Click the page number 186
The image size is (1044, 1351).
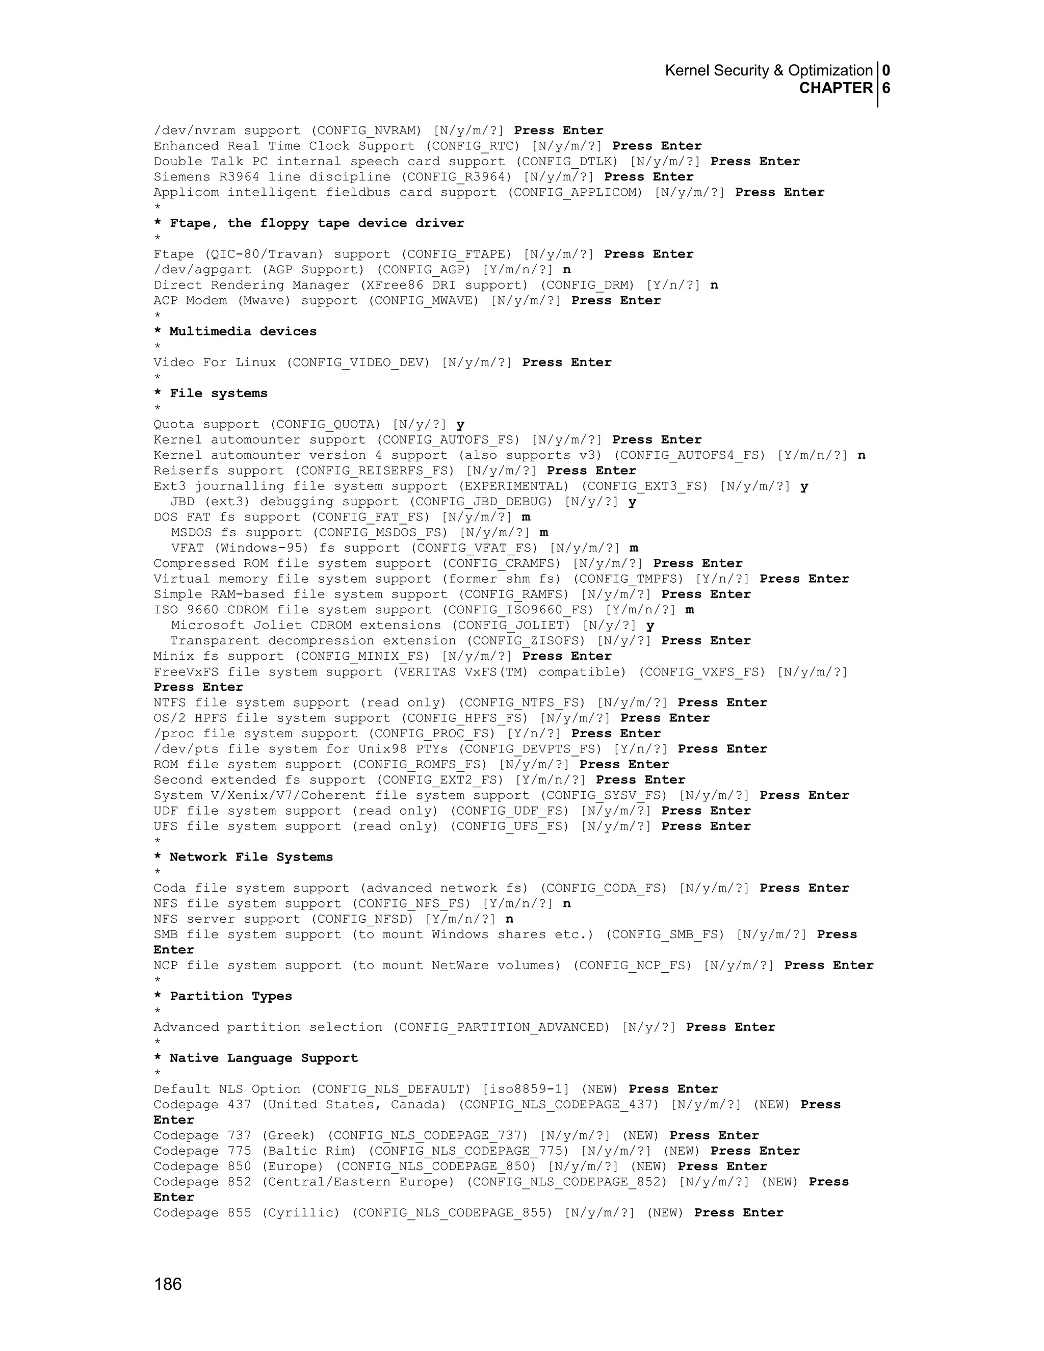(168, 1284)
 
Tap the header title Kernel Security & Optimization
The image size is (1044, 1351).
(768, 70)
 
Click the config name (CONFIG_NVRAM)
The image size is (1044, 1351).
(366, 131)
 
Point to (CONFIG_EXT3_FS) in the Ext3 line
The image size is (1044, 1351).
(644, 486)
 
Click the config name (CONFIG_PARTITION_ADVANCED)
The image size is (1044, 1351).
(501, 1027)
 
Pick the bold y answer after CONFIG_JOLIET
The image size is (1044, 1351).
(650, 626)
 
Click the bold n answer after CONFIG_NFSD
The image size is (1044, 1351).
(510, 919)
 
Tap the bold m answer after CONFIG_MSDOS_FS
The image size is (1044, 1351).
(543, 533)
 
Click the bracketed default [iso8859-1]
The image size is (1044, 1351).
(526, 1089)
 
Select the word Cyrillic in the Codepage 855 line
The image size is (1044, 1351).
(301, 1213)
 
